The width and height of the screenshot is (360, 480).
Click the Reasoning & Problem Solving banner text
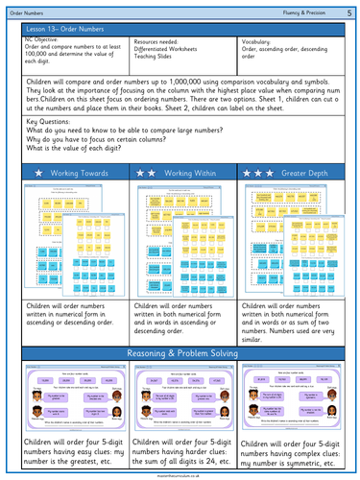tap(180, 355)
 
